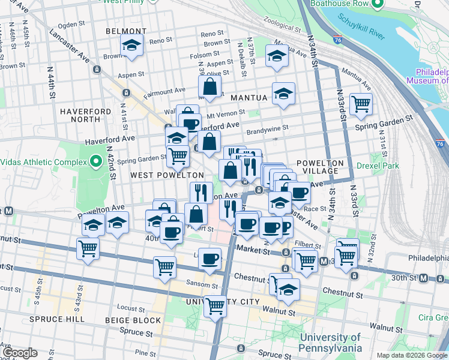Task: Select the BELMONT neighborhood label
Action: pos(125,31)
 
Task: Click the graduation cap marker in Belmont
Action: pos(131,45)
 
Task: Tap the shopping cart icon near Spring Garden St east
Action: pos(361,104)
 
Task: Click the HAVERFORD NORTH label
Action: pos(85,115)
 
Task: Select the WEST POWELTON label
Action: pos(167,175)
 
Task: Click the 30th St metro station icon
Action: pos(424,278)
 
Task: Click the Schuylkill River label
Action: pos(366,19)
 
